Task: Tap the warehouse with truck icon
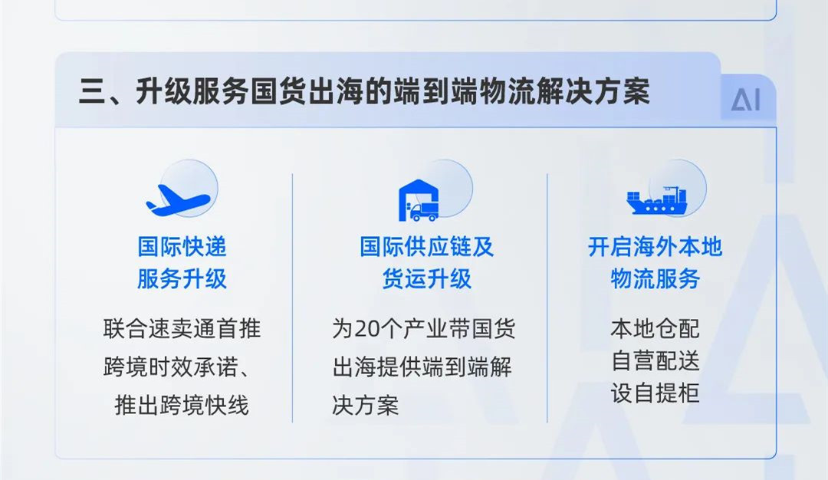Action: pos(419,200)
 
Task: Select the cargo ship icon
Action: pos(656,200)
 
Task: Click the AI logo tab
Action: pos(746,99)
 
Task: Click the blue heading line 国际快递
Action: pos(182,247)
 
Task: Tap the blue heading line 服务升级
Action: pos(182,279)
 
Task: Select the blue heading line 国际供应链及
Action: pos(427,247)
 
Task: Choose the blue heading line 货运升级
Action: pos(427,279)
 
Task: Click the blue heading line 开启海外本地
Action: pos(655,247)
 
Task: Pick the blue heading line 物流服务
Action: pos(655,279)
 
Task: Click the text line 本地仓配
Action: pos(655,328)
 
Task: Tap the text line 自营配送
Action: pos(655,361)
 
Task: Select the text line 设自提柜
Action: pos(655,393)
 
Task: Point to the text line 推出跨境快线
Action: pos(182,406)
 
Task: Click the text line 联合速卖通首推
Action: pos(182,328)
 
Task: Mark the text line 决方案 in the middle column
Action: pos(366,406)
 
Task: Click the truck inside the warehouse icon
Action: pos(424,212)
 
